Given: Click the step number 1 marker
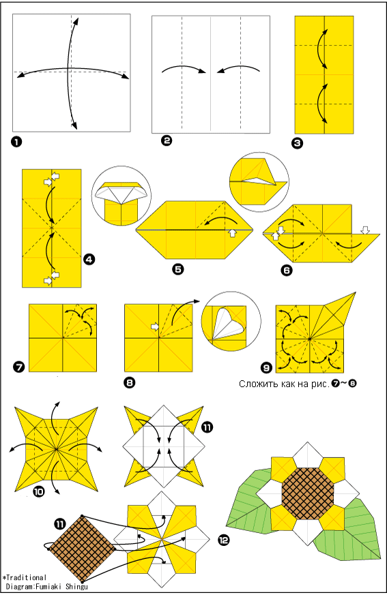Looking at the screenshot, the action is click(x=17, y=142).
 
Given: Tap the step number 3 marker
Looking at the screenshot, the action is click(x=298, y=143).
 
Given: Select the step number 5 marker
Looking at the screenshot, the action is click(x=178, y=269).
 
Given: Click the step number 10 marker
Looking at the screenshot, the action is click(x=39, y=492).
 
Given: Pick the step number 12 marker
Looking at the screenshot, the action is click(x=224, y=540).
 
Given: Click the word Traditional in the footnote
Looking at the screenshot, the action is click(x=27, y=577).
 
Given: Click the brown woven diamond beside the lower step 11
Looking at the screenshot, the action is click(x=82, y=549).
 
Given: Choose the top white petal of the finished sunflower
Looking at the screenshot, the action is click(x=308, y=455).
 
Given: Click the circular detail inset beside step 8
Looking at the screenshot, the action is click(x=231, y=322).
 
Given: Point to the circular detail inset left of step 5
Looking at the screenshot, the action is click(x=121, y=196).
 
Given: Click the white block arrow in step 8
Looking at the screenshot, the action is click(x=155, y=326).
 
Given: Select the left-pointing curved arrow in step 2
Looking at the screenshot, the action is click(x=238, y=69).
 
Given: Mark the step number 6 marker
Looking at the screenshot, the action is click(x=287, y=270).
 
